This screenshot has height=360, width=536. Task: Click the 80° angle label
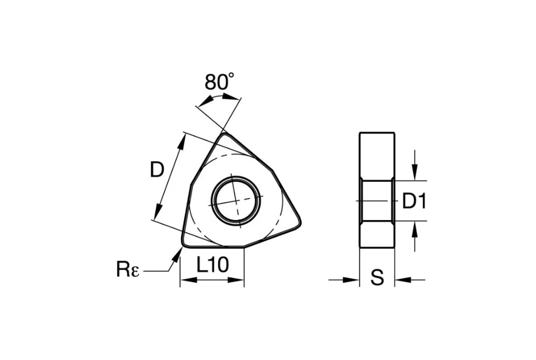point(219,82)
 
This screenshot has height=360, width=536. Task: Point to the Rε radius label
point(128,269)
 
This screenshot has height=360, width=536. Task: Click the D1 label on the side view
point(414,201)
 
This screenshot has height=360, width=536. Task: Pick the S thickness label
point(378,277)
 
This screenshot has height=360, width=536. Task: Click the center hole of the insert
point(236,201)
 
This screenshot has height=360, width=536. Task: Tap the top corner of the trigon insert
point(224,134)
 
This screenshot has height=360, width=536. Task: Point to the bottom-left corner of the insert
point(184,244)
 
